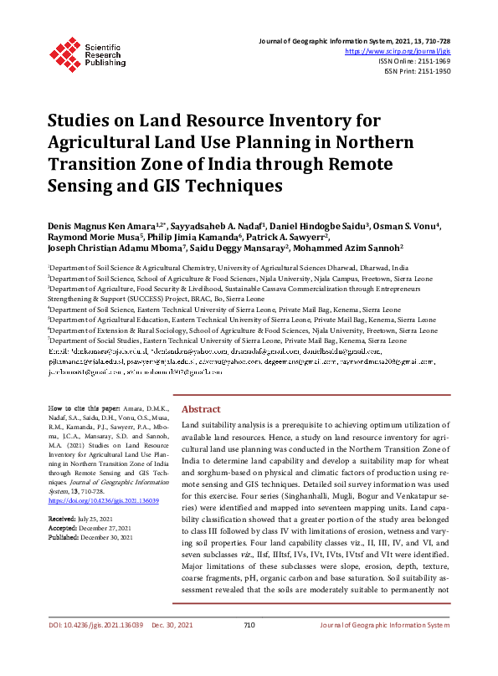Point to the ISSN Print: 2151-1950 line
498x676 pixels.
click(418, 72)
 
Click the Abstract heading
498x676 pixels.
click(201, 409)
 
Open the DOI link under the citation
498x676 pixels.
click(103, 500)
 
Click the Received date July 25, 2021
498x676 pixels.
click(95, 520)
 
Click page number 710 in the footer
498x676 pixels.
click(249, 648)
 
